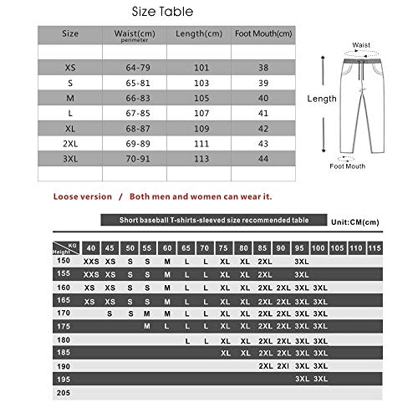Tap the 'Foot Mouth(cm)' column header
tap(263, 33)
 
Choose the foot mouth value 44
tap(263, 158)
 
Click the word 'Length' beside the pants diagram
tap(322, 99)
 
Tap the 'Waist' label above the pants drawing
tap(361, 45)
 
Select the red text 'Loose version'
tap(82, 196)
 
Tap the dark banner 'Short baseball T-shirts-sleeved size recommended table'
tap(214, 220)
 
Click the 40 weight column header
tap(90, 248)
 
